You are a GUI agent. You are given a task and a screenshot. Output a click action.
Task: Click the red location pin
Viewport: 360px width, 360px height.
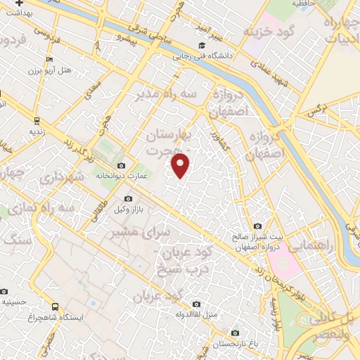pos(181,165)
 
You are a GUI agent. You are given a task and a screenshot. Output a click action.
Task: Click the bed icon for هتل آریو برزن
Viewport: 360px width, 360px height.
pos(48,59)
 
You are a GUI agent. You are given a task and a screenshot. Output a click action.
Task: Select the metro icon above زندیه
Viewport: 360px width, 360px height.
pos(34,119)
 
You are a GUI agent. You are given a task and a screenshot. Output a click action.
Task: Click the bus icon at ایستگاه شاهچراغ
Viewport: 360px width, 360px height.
pos(56,307)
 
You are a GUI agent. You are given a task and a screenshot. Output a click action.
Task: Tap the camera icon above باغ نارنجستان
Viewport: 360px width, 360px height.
pos(235,333)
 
